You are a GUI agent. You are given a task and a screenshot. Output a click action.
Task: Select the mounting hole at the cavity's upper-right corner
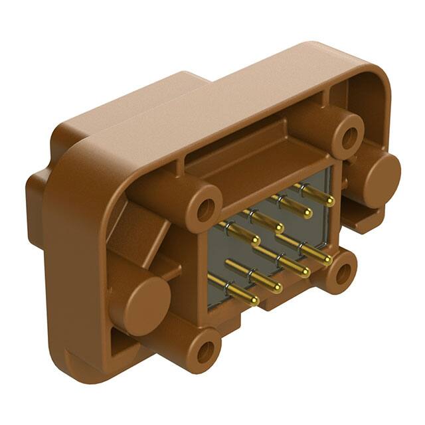point(348,136)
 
